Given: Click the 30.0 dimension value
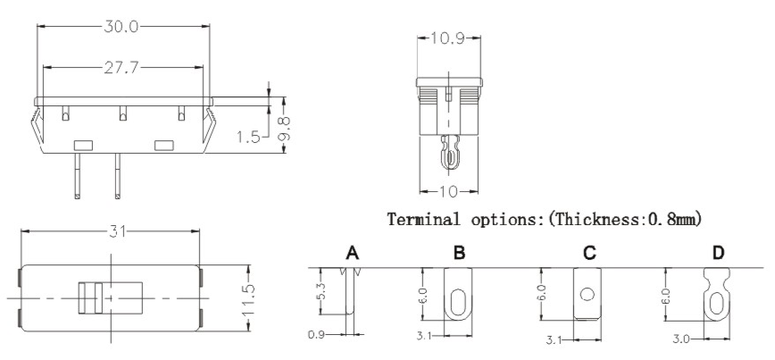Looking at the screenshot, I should (x=122, y=27).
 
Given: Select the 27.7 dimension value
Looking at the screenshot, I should (x=123, y=67).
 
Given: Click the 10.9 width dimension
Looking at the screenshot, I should (x=450, y=39).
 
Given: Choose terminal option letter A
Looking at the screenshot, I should (x=352, y=254).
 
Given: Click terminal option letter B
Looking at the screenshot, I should (x=459, y=254).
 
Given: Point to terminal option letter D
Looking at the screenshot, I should (x=719, y=254).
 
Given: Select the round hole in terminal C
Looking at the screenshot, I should (x=587, y=294).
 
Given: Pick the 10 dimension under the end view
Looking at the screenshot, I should (x=450, y=191).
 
